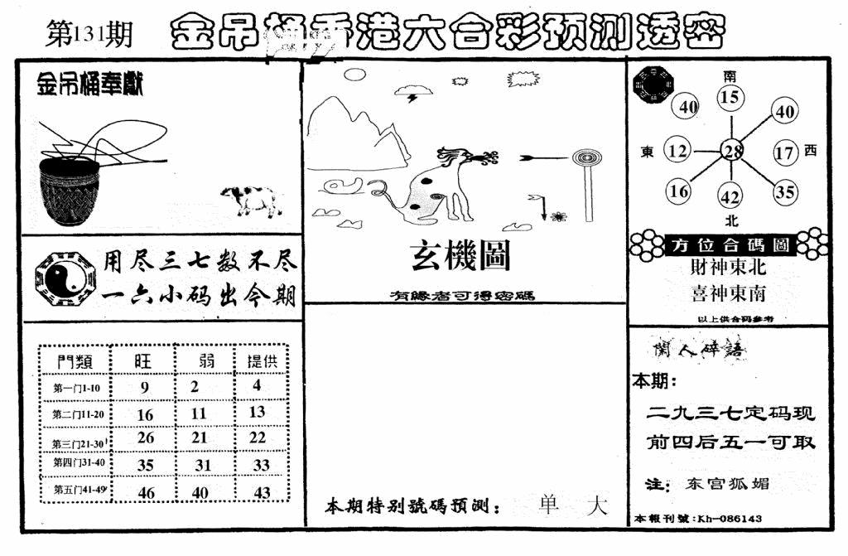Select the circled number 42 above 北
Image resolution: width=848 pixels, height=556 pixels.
pyautogui.click(x=730, y=197)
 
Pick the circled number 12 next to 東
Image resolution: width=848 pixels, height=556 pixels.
pyautogui.click(x=678, y=151)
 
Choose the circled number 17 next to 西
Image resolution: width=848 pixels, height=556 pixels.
pyautogui.click(x=784, y=152)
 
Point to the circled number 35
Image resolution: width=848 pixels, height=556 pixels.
pyautogui.click(x=784, y=192)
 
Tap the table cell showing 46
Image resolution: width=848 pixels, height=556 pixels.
pyautogui.click(x=145, y=491)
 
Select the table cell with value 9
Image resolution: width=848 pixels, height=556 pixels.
pyautogui.click(x=145, y=386)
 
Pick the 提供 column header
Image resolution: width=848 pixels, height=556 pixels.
pyautogui.click(x=261, y=360)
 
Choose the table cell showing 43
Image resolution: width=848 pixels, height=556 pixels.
pyautogui.click(x=262, y=491)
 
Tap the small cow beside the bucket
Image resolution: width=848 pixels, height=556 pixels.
pyautogui.click(x=249, y=200)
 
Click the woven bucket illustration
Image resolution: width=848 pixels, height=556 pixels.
pyautogui.click(x=70, y=191)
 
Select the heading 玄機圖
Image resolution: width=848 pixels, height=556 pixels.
pyautogui.click(x=461, y=258)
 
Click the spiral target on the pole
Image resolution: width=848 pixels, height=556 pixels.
pyautogui.click(x=585, y=156)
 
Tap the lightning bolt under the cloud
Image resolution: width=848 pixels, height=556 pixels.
pyautogui.click(x=412, y=98)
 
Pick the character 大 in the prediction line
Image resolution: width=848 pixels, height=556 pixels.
pyautogui.click(x=595, y=505)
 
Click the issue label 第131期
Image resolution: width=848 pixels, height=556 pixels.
pyautogui.click(x=86, y=36)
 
